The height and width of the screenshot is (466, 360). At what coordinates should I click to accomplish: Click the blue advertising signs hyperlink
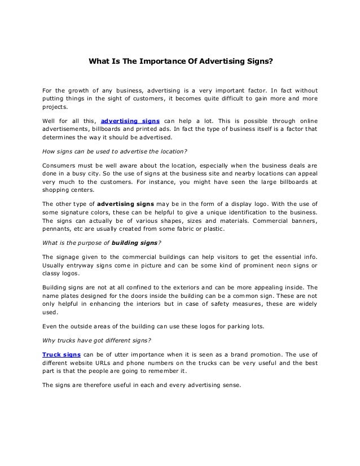pyautogui.click(x=130, y=121)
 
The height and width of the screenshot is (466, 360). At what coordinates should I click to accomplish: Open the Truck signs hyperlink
pyautogui.click(x=62, y=354)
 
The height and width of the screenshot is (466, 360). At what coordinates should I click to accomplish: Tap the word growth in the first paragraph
pyautogui.click(x=82, y=91)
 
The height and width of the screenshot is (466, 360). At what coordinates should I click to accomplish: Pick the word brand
pyautogui.click(x=247, y=354)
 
